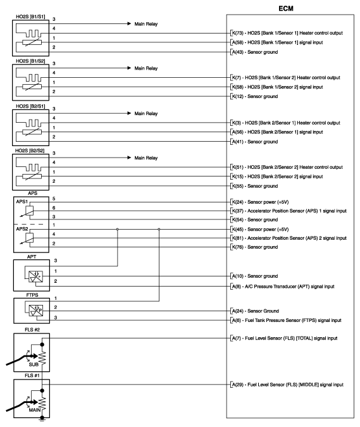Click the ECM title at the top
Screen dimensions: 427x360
pyautogui.click(x=292, y=8)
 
